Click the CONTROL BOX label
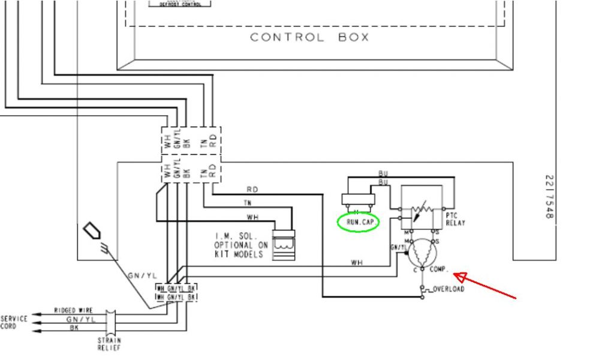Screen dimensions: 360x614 [x=309, y=37]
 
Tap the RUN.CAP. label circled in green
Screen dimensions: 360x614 [x=359, y=223]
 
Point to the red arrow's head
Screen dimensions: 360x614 [x=455, y=275]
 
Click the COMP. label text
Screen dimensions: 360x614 [x=440, y=269]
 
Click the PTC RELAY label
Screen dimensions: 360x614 [x=456, y=219]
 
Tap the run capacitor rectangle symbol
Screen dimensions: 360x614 [x=358, y=200]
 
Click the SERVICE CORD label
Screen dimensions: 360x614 [x=14, y=322]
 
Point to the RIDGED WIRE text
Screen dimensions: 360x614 [x=73, y=310]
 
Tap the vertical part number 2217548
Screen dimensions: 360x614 [x=549, y=196]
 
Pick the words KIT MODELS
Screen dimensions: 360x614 [x=238, y=254]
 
